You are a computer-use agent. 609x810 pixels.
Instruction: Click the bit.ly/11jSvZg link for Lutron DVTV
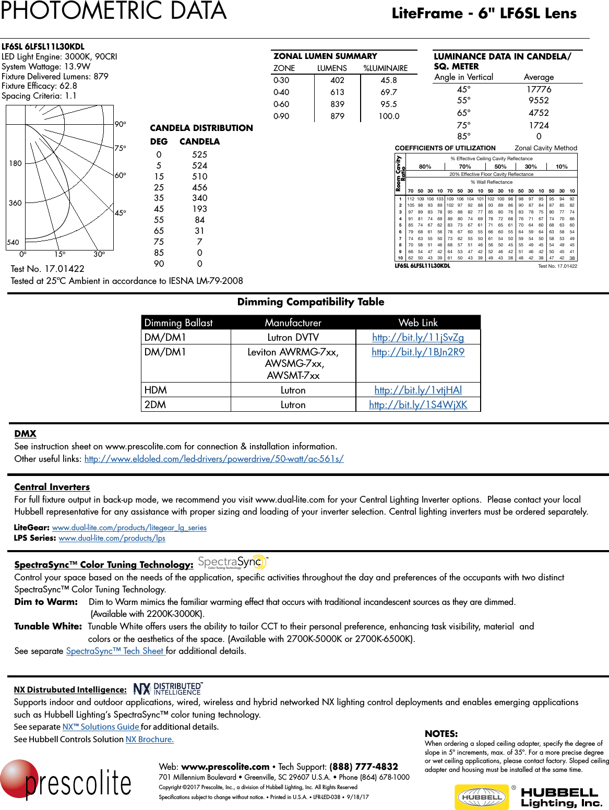pyautogui.click(x=418, y=338)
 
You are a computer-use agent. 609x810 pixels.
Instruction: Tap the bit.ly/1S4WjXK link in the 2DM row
pyautogui.click(x=418, y=404)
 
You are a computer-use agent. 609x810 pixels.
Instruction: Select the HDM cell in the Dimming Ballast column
pyautogui.click(x=156, y=390)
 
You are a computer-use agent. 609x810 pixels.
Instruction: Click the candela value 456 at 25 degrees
pyautogui.click(x=199, y=187)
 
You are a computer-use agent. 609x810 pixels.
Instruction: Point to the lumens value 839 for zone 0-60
pyautogui.click(x=337, y=104)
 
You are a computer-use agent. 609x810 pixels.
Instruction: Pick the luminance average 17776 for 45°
pyautogui.click(x=539, y=89)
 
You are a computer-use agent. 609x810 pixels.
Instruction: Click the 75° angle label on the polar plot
pyautogui.click(x=121, y=148)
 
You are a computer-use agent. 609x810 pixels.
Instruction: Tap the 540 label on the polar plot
pyautogui.click(x=13, y=242)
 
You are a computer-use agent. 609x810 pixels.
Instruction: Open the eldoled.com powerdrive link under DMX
pyautogui.click(x=214, y=459)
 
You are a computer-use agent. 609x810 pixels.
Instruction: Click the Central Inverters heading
pyautogui.click(x=52, y=487)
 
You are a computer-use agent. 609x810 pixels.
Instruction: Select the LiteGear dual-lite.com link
pyautogui.click(x=129, y=528)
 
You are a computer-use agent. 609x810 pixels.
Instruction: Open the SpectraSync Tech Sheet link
pyautogui.click(x=115, y=651)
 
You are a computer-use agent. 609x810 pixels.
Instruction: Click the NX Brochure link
pyautogui.click(x=150, y=739)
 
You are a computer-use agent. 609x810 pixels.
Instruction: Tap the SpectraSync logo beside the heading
pyautogui.click(x=233, y=562)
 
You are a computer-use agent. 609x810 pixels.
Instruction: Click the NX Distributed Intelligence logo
pyautogui.click(x=167, y=689)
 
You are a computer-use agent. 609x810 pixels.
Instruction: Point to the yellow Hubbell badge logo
pyautogui.click(x=482, y=796)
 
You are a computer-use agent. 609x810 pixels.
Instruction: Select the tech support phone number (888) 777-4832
pyautogui.click(x=364, y=767)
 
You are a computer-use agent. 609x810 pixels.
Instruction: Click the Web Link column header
pyautogui.click(x=418, y=323)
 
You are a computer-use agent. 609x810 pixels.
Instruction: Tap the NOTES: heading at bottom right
pyautogui.click(x=441, y=733)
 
